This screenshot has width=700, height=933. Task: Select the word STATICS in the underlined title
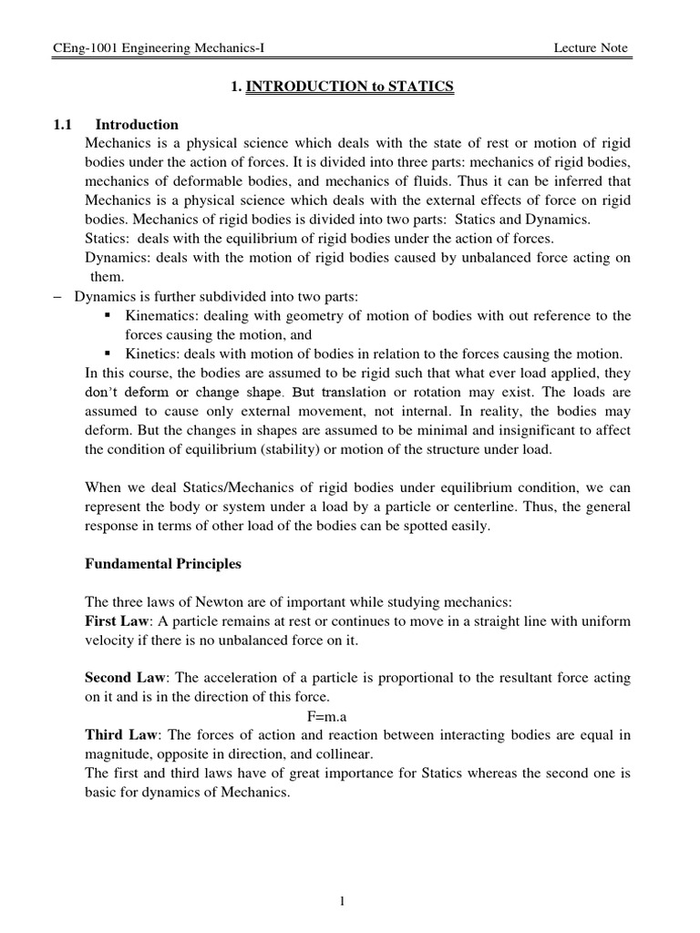tap(420, 87)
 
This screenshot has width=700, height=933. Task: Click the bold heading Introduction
tap(137, 125)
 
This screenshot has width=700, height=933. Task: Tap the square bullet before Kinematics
tap(108, 315)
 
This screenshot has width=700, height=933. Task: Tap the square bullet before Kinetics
tap(108, 354)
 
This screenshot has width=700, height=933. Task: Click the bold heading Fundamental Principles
tap(163, 564)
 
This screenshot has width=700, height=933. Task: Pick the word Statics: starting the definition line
tap(108, 239)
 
